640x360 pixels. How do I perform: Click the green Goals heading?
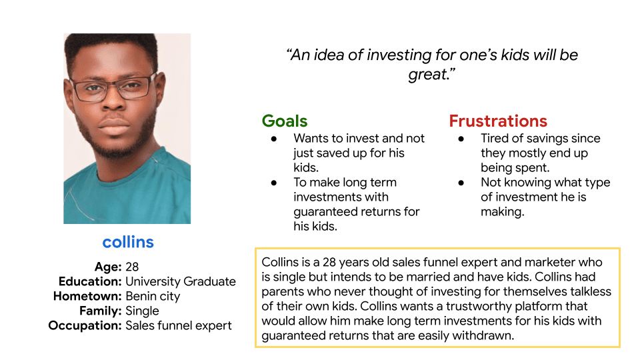(285, 121)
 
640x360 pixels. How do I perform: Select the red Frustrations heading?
(498, 121)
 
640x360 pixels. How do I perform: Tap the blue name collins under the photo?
(128, 242)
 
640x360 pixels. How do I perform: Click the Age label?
(108, 267)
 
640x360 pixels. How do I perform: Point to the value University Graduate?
(181, 281)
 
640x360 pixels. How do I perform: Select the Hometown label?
(87, 296)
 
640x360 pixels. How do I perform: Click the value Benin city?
(153, 296)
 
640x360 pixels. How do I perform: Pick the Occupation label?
(85, 325)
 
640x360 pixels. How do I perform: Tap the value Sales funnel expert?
(179, 326)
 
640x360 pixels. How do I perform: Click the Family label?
(101, 311)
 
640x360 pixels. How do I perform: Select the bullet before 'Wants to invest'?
(274, 139)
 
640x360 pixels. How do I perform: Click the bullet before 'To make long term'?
(274, 183)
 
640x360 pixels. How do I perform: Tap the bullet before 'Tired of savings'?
(461, 139)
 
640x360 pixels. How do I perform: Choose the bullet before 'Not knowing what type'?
(461, 183)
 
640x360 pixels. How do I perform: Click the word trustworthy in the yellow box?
(479, 307)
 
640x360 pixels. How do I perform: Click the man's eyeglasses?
(112, 88)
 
